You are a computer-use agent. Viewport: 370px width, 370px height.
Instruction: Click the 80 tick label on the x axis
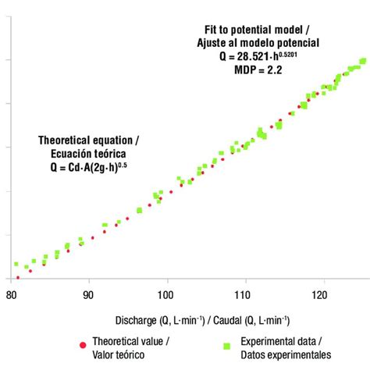pos(11,296)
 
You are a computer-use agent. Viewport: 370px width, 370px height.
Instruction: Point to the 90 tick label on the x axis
pos(89,296)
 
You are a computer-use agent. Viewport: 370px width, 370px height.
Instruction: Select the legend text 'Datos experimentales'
pos(286,354)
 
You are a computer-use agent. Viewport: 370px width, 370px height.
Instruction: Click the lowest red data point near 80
pos(18,277)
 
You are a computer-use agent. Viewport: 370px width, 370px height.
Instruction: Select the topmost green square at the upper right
pos(363,61)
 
